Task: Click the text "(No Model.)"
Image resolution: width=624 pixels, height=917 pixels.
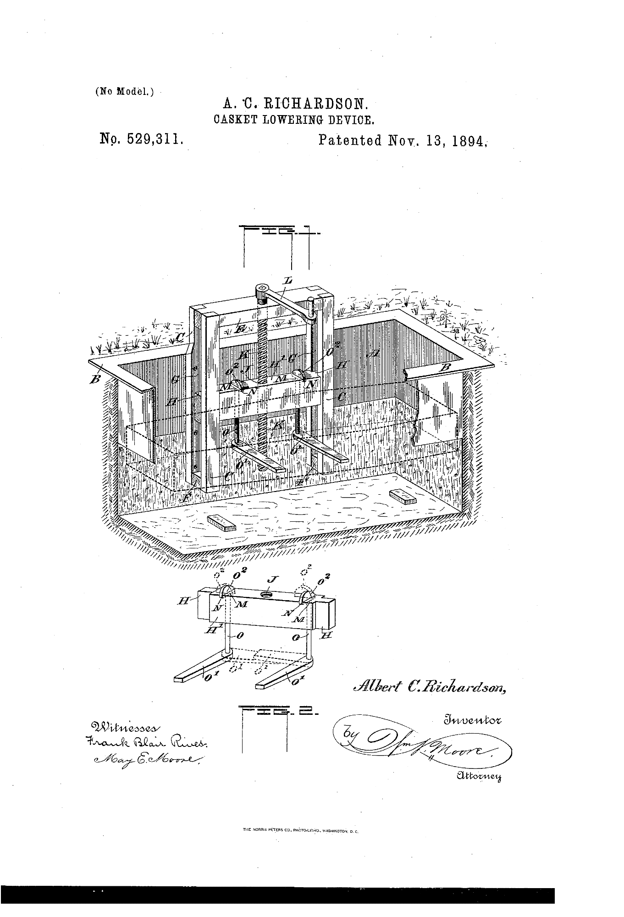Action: click(x=124, y=91)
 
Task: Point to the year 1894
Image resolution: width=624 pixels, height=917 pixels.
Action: click(x=469, y=140)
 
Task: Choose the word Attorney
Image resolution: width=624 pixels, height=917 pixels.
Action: click(x=479, y=776)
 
